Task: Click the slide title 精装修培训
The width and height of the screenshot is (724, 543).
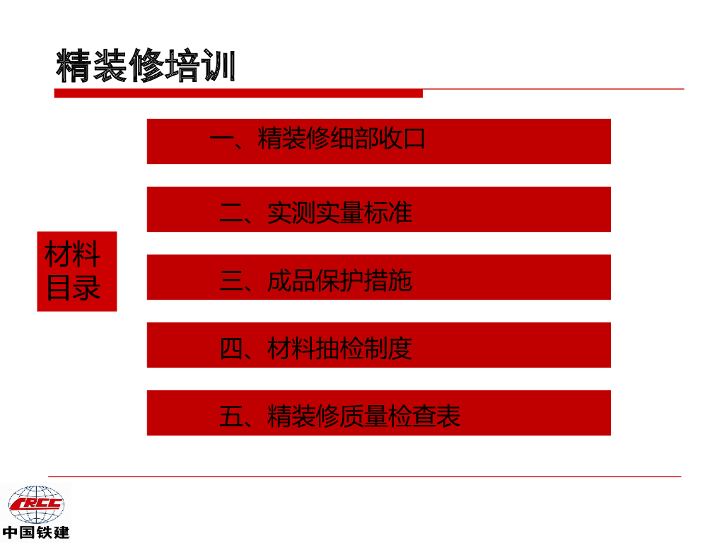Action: pos(145,66)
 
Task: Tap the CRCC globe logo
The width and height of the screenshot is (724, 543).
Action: pos(35,505)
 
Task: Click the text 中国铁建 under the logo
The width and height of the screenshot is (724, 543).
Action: pos(35,532)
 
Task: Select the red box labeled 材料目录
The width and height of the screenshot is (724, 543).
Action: pos(76,271)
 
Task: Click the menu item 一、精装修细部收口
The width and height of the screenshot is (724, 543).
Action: pos(378,141)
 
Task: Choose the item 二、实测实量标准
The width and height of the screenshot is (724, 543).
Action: pos(378,209)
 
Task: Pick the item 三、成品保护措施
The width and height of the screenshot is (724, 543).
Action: pos(378,277)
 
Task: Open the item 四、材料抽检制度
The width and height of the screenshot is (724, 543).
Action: pos(378,345)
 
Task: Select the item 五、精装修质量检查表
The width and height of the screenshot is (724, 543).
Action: pos(378,413)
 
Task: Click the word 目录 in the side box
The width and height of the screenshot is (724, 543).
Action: pos(74,288)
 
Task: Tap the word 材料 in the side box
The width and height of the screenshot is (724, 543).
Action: pos(74,255)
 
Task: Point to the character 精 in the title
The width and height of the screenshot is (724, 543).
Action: pos(74,66)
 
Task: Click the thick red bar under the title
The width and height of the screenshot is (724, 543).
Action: pos(238,93)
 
